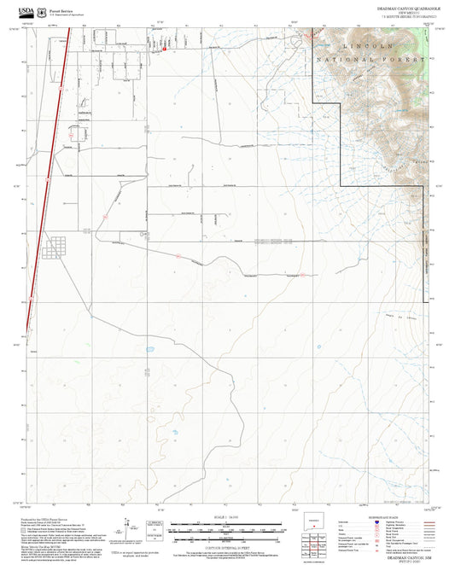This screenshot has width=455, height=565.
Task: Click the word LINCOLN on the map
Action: [x=369, y=44]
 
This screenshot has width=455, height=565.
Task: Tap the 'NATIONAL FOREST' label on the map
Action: [x=370, y=61]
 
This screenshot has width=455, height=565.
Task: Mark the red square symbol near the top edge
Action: [x=164, y=50]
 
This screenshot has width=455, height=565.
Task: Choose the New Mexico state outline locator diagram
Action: [x=316, y=523]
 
